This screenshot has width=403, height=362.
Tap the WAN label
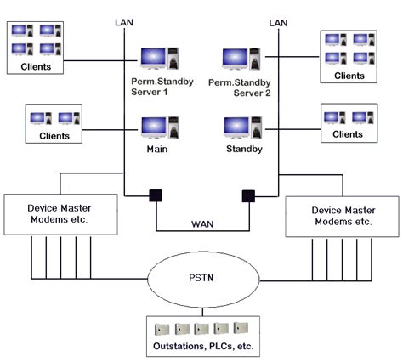pos(202,224)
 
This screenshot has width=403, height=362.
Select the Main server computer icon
pos(160,127)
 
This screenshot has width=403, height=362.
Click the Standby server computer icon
pos(243,127)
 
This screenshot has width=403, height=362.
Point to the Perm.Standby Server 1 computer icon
pos(160,59)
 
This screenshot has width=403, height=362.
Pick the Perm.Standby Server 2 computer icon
pos(241,59)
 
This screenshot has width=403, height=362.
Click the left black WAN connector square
pos(156,195)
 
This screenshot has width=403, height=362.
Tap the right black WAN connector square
pos(248,196)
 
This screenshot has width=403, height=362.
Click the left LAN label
pos(124,22)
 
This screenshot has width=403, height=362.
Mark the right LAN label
pos(278,23)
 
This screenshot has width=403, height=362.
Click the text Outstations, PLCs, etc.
pos(203,346)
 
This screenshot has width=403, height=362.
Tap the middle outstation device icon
pos(201,329)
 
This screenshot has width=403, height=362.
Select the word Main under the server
pos(157,150)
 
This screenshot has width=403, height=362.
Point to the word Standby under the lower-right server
pos(244,150)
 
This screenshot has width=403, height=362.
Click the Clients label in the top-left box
pos(36,67)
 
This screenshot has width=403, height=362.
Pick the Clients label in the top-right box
pos(349,76)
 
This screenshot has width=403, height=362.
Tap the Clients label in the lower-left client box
pos(54,136)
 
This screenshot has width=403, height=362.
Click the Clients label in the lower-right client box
pos(348,134)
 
